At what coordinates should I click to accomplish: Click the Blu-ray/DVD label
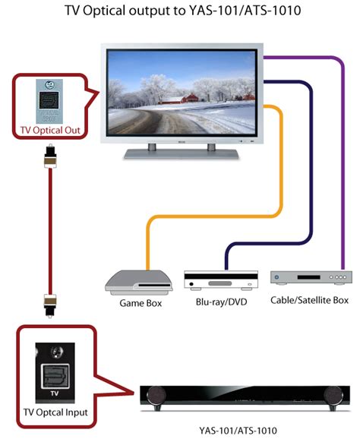coord(216,302)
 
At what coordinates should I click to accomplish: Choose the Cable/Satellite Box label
coord(309,300)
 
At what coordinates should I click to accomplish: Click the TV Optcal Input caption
coord(55,412)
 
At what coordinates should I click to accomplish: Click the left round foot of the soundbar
coord(156,395)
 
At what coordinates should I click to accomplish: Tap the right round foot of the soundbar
coord(331,395)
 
